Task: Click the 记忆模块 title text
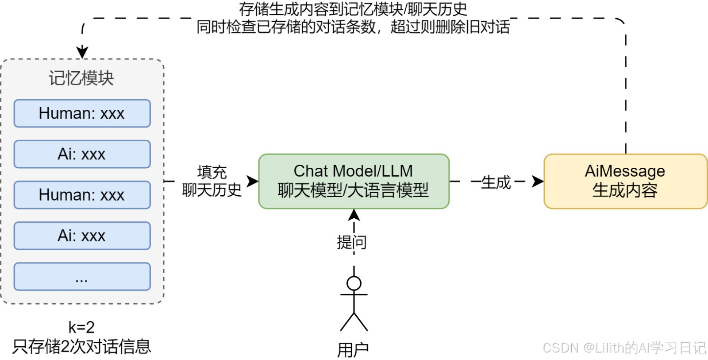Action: click(x=81, y=78)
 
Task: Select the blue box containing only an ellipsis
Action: click(x=82, y=277)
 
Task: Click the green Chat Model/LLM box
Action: click(x=354, y=181)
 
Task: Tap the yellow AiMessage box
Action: click(x=625, y=181)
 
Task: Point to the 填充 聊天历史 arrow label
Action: click(x=212, y=181)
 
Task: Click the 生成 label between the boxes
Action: click(x=496, y=182)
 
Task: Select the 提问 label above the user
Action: click(x=352, y=242)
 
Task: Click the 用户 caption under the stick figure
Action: click(x=353, y=350)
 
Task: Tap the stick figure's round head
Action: click(x=354, y=283)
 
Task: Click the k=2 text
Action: click(x=81, y=327)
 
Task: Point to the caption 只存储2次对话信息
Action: click(x=81, y=346)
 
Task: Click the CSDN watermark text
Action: click(x=624, y=348)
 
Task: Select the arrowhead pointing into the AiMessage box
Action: click(x=538, y=181)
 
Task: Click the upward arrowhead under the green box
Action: click(x=354, y=215)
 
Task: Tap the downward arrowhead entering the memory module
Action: click(x=82, y=52)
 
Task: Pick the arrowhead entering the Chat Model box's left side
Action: click(x=253, y=181)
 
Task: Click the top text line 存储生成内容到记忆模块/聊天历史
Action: click(x=353, y=9)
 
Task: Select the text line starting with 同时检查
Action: click(x=353, y=27)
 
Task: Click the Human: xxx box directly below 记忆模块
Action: click(x=82, y=113)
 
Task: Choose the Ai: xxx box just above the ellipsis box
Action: click(x=82, y=236)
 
